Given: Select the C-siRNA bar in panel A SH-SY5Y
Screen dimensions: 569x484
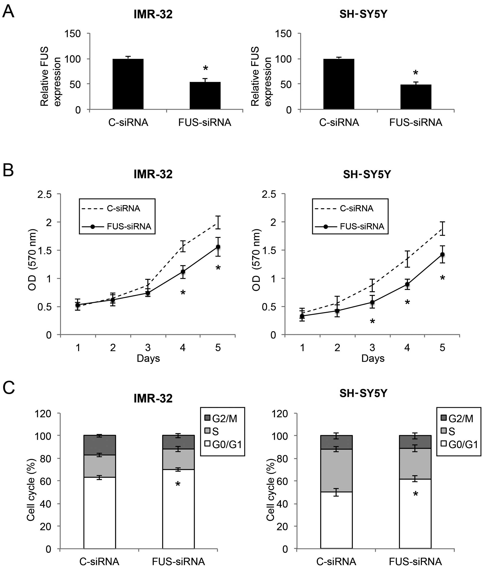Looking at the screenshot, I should tap(339, 84).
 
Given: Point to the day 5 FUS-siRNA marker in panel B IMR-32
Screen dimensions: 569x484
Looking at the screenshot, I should tap(218, 247).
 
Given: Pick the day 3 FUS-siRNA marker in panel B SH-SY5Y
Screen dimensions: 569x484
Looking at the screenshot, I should tap(372, 303).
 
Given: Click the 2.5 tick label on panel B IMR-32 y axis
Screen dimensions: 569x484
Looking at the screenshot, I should tap(45, 194).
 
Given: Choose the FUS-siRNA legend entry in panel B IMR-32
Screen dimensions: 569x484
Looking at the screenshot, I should tap(116, 226).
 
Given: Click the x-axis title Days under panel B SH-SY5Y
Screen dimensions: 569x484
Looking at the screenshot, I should tap(373, 358).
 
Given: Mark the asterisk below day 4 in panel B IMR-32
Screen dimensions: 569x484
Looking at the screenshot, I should tap(183, 293).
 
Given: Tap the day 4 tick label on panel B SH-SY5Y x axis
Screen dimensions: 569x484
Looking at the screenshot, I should tap(407, 347).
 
